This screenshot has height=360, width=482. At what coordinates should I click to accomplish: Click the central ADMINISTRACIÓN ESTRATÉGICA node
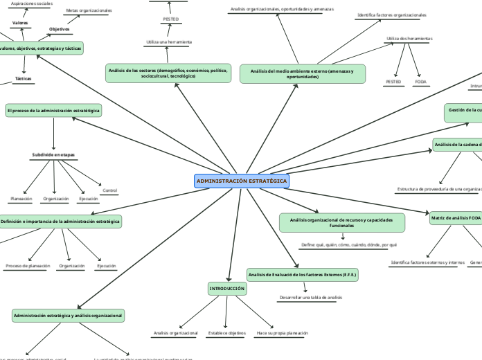pyautogui.click(x=242, y=181)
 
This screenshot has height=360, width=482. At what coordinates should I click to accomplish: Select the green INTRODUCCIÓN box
pyautogui.click(x=227, y=288)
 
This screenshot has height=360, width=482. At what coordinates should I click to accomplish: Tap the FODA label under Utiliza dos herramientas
pyautogui.click(x=420, y=82)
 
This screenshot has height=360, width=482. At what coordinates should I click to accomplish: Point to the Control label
pyautogui.click(x=109, y=190)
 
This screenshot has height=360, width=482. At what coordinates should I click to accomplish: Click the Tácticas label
pyautogui.click(x=24, y=78)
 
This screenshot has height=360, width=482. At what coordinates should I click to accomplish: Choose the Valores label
pyautogui.click(x=20, y=23)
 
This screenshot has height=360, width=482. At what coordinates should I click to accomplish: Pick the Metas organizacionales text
pyautogui.click(x=88, y=10)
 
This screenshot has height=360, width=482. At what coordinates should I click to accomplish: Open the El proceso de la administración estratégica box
pyautogui.click(x=53, y=110)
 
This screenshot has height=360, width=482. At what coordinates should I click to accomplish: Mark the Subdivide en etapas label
pyautogui.click(x=53, y=154)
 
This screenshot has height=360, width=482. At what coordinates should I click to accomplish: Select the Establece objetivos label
pyautogui.click(x=226, y=333)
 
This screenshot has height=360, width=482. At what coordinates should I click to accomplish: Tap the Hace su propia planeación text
pyautogui.click(x=282, y=333)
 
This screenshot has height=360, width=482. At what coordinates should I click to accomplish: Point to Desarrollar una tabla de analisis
pyautogui.click(x=310, y=297)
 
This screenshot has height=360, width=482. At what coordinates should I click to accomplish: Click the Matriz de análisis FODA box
pyautogui.click(x=456, y=218)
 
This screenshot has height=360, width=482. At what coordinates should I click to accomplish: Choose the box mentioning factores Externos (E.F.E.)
pyautogui.click(x=303, y=274)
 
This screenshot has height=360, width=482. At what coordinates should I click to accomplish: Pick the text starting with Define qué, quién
pyautogui.click(x=349, y=244)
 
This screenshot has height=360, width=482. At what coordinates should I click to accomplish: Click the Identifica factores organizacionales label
pyautogui.click(x=391, y=15)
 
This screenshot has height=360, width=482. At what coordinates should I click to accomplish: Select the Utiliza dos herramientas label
pyautogui.click(x=409, y=38)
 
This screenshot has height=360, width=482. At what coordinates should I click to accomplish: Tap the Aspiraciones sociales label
pyautogui.click(x=32, y=3)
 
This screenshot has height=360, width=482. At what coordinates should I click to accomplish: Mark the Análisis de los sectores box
pyautogui.click(x=168, y=73)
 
